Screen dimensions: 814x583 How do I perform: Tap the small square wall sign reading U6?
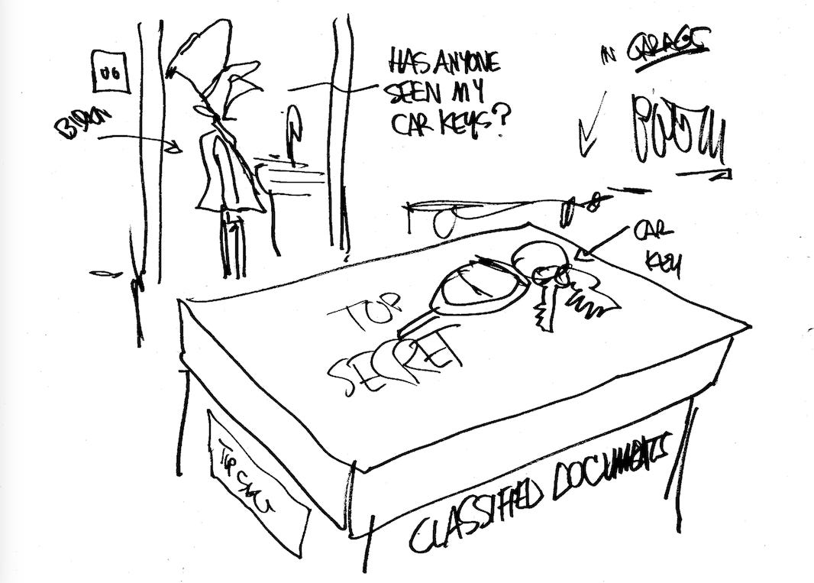[105, 70]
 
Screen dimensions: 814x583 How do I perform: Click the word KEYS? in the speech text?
[474, 122]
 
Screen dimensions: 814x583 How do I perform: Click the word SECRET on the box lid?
[396, 358]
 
